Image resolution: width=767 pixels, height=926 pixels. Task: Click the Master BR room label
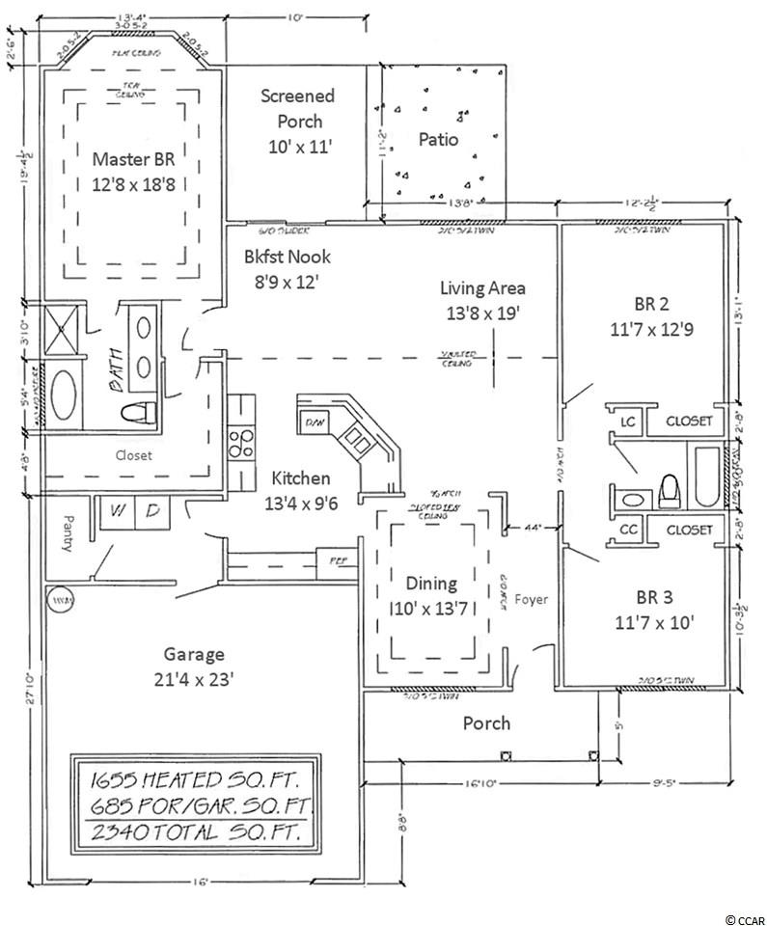pyautogui.click(x=132, y=158)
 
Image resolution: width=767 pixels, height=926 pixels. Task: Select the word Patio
pyautogui.click(x=438, y=139)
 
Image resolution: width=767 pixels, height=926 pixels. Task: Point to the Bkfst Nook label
pyautogui.click(x=287, y=257)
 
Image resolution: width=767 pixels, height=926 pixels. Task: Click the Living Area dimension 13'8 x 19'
pyautogui.click(x=482, y=313)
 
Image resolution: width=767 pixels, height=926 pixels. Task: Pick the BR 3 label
pyautogui.click(x=649, y=594)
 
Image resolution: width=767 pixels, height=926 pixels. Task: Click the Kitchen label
pyautogui.click(x=300, y=478)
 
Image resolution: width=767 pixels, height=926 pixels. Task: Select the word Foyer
pyautogui.click(x=532, y=599)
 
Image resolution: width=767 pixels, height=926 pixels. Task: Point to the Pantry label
pyautogui.click(x=68, y=531)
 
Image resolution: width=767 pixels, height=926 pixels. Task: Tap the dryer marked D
pyautogui.click(x=151, y=510)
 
